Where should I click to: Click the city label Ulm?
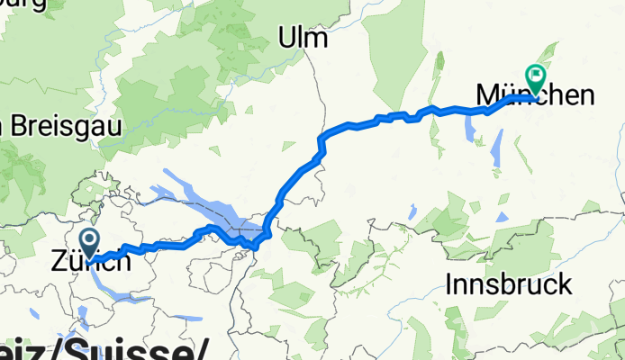(302, 37)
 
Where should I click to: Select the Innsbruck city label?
(509, 284)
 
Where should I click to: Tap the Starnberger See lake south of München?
(496, 149)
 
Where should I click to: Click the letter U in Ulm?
(286, 37)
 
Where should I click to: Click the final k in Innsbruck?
(564, 284)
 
